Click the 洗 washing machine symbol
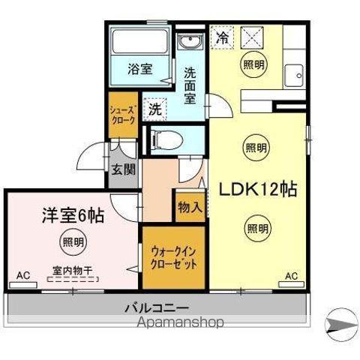tap(154, 108)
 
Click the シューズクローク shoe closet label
tap(123, 115)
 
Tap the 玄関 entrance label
tap(124, 169)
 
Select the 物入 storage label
tap(189, 206)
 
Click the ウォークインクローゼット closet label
tap(173, 259)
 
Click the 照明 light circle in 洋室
tap(73, 241)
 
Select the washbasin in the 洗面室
tap(187, 42)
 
